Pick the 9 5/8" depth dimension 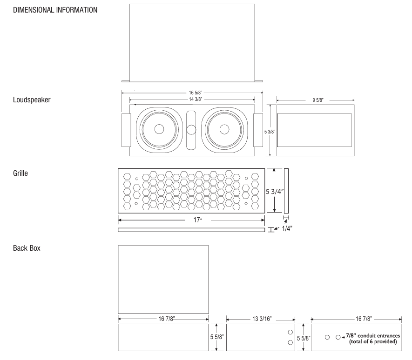coord(315,100)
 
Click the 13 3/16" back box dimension coord(261,319)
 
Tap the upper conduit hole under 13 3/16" coord(290,333)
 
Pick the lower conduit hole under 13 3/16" coord(290,342)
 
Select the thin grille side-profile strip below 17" coord(191,230)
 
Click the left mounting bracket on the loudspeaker coord(126,130)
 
